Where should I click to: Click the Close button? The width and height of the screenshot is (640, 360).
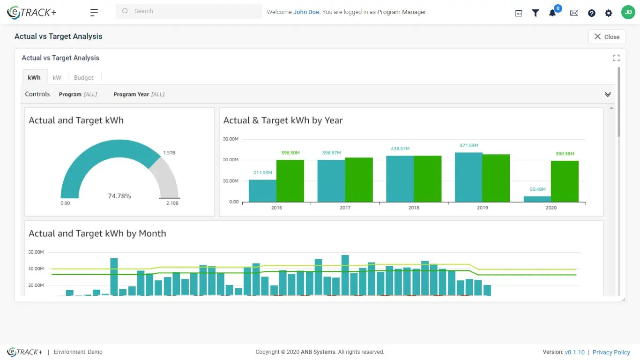[x=607, y=37]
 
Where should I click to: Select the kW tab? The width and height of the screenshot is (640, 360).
[x=57, y=77]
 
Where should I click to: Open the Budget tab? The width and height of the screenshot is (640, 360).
[x=83, y=77]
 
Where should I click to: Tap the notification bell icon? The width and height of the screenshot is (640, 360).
[x=552, y=13]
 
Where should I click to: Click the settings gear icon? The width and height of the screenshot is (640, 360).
[x=609, y=13]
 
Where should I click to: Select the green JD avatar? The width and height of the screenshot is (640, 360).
[x=628, y=13]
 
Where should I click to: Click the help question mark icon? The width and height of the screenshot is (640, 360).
[x=592, y=13]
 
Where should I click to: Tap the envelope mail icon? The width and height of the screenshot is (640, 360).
[x=574, y=13]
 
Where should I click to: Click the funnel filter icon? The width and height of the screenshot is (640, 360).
[x=536, y=13]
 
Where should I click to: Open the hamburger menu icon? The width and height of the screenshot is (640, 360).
[x=94, y=13]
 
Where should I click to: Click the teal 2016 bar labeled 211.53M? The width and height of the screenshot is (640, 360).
[x=262, y=191]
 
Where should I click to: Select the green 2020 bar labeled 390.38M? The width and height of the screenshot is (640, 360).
[x=565, y=181]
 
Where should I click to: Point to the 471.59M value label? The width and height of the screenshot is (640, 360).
[x=469, y=146]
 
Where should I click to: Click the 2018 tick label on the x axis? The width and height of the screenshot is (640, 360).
[x=414, y=208]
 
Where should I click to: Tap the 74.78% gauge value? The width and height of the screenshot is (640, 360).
[x=119, y=196]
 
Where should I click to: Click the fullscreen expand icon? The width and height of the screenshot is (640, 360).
[x=616, y=58]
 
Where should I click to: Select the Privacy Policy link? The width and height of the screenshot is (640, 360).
[x=611, y=352]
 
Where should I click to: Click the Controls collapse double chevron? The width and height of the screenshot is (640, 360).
[x=608, y=94]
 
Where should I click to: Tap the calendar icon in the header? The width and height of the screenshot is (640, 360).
[x=519, y=13]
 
